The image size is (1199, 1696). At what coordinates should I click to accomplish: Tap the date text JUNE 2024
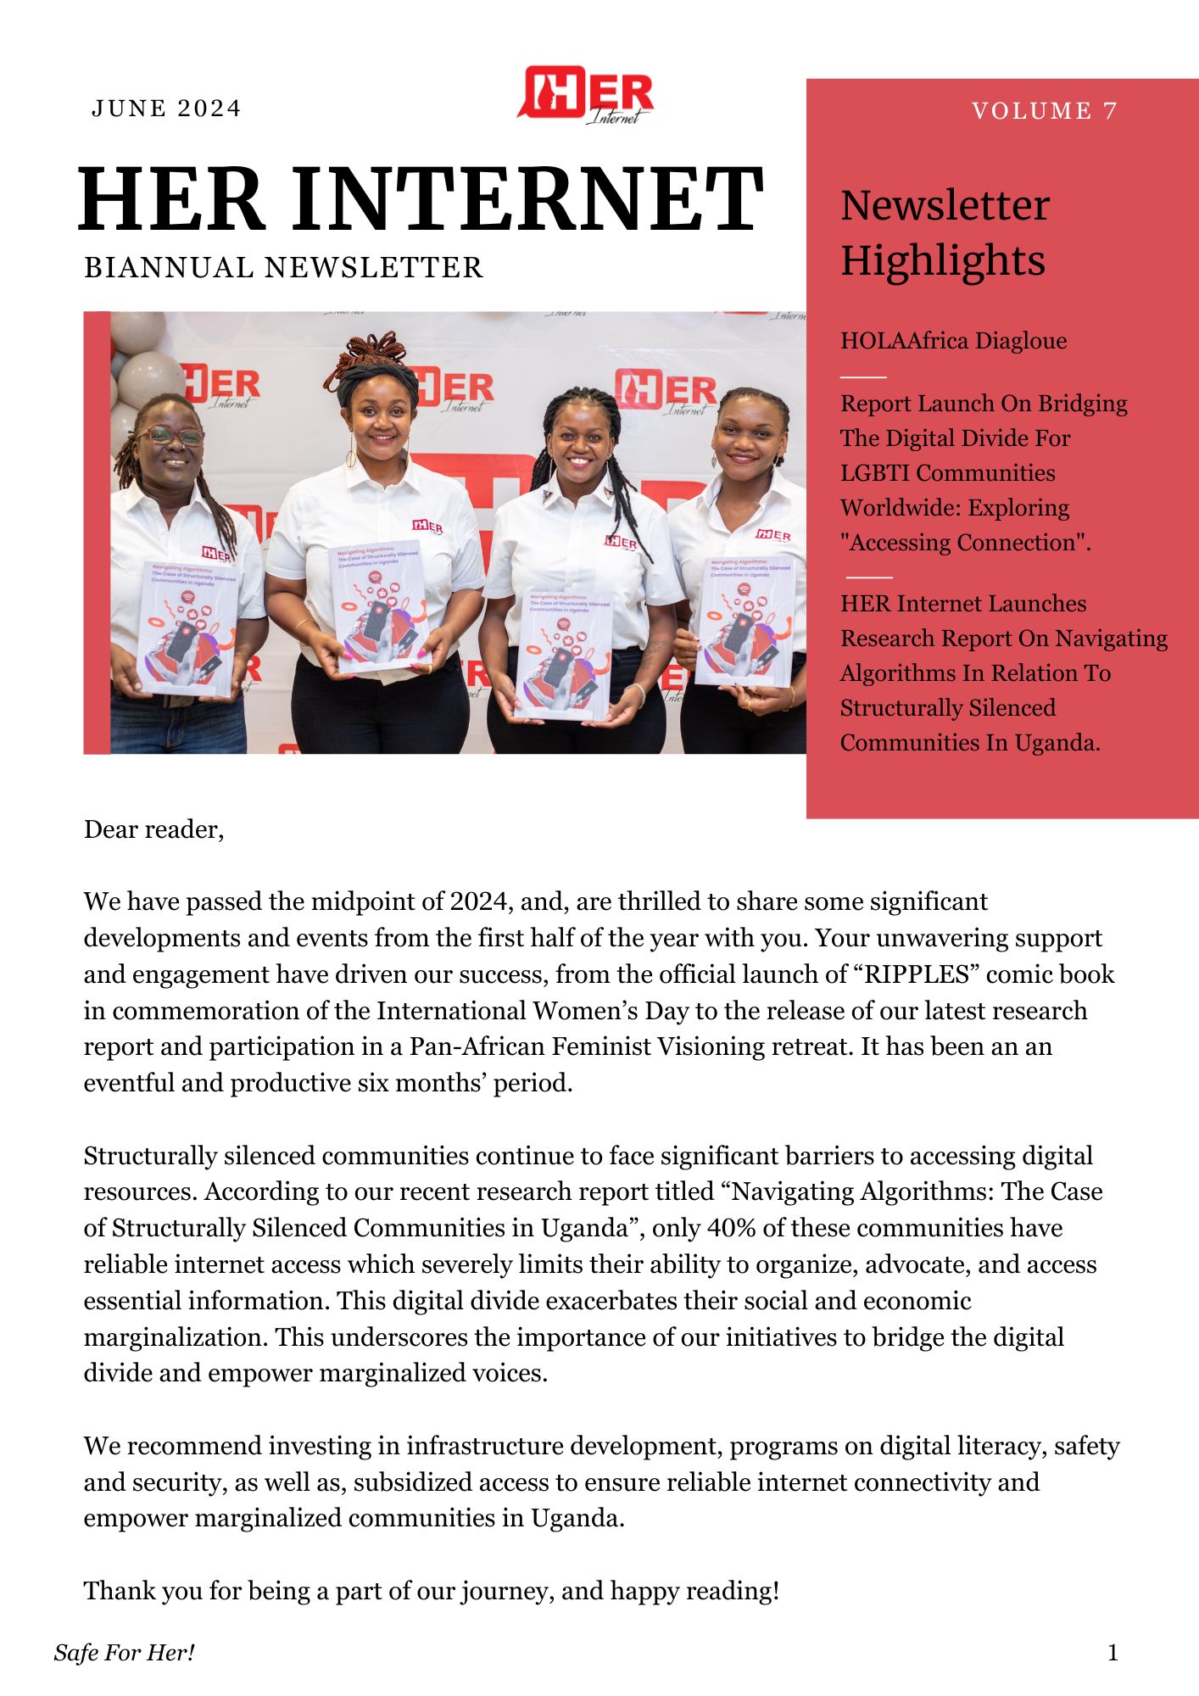pyautogui.click(x=166, y=109)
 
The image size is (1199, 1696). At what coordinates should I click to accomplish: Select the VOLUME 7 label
pyautogui.click(x=1044, y=111)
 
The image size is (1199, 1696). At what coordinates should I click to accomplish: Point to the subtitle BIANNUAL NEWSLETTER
pyautogui.click(x=283, y=268)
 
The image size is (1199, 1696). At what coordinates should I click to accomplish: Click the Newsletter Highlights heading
pyautogui.click(x=945, y=232)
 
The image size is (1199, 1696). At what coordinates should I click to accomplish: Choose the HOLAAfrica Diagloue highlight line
pyautogui.click(x=953, y=341)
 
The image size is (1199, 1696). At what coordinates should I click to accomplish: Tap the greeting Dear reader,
pyautogui.click(x=153, y=829)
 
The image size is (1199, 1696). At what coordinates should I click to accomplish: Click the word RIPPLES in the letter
pyautogui.click(x=916, y=974)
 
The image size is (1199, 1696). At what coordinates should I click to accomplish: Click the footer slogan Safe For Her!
pyautogui.click(x=125, y=1653)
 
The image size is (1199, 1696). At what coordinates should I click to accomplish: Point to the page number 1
pyautogui.click(x=1113, y=1653)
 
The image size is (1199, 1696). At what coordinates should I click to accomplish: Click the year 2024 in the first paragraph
pyautogui.click(x=480, y=901)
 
